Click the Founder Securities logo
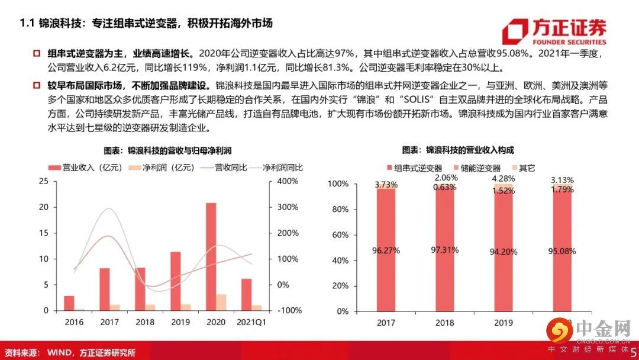pyautogui.click(x=553, y=32)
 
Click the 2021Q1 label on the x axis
pyautogui.click(x=251, y=323)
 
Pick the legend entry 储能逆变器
pyautogui.click(x=478, y=168)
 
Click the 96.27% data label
pyautogui.click(x=386, y=250)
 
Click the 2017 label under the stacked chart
pyautogui.click(x=386, y=323)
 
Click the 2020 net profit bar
pyautogui.click(x=221, y=302)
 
